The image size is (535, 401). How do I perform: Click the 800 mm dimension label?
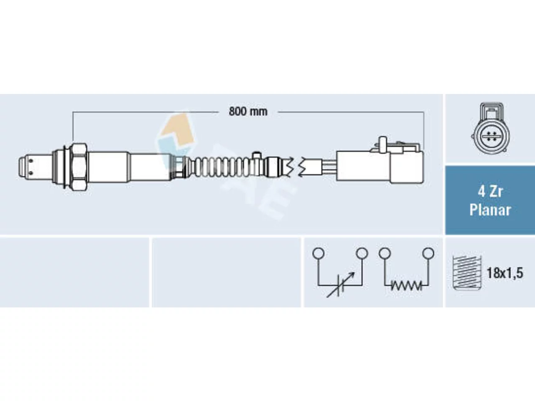(x=248, y=112)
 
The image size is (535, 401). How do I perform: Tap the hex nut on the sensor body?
(x=79, y=167)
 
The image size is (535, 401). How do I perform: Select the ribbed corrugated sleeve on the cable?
(x=222, y=167)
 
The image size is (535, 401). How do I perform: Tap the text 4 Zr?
(x=490, y=192)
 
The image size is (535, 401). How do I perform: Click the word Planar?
(x=490, y=210)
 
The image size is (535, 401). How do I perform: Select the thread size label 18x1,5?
(x=505, y=273)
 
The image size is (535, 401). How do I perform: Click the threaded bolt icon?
(x=467, y=273)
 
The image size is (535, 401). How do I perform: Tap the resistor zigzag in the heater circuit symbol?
(x=406, y=286)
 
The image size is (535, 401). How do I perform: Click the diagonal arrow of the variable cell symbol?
(x=341, y=284)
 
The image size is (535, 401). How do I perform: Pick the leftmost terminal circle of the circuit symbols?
(x=318, y=253)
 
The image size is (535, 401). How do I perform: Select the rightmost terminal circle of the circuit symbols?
(x=428, y=253)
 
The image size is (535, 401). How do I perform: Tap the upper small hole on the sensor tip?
(x=31, y=161)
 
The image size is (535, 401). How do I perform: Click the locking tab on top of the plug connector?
(x=383, y=144)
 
